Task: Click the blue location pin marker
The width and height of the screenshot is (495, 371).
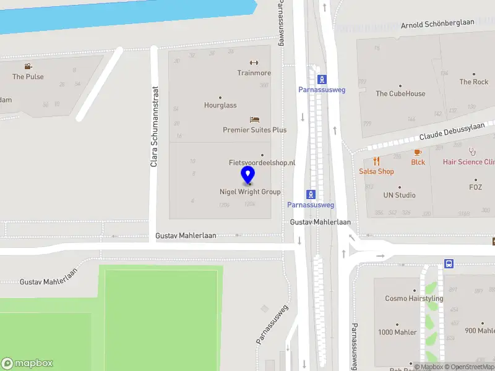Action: pos(248,175)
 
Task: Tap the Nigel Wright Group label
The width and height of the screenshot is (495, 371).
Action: pos(250,192)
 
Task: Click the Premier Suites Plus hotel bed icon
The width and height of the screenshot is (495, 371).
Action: pos(254,119)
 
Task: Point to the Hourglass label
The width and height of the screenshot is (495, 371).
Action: pos(220,105)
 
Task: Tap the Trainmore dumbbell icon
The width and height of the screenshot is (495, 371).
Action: pos(254,62)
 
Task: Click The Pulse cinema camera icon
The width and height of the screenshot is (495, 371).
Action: pos(28,66)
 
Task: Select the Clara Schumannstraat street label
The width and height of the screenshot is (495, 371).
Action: pos(154,126)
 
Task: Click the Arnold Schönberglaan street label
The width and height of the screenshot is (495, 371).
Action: pos(437,24)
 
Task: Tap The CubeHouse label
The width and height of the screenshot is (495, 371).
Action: pos(400,93)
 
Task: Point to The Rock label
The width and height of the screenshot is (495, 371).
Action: pos(473,82)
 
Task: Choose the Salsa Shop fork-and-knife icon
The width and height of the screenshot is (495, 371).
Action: pos(376,161)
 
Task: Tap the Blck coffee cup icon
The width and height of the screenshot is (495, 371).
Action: pos(418,152)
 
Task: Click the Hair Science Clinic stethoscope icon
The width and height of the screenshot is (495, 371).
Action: pos(472,151)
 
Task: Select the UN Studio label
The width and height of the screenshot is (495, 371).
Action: pos(399,195)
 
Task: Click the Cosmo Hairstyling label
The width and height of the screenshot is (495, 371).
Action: pos(414,298)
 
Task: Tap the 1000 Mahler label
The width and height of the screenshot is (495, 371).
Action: pos(397,332)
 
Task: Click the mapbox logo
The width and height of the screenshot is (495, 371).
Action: pos(27,364)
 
